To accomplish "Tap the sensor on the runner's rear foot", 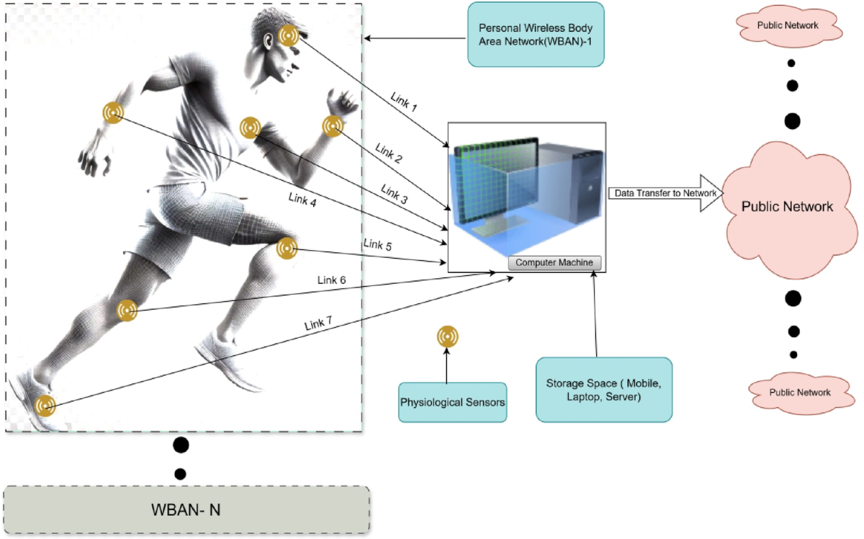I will [x=45, y=406].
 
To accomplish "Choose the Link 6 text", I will [x=332, y=279].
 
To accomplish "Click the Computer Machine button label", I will [x=554, y=262].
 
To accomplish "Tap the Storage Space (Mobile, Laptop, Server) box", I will [x=603, y=390].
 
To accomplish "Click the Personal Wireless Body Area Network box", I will [x=536, y=35].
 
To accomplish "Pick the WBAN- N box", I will [x=186, y=509].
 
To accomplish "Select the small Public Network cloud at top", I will [x=787, y=26].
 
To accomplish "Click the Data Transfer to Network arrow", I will [x=665, y=193].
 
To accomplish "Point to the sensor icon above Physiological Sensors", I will [x=447, y=337].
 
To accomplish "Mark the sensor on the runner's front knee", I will [x=287, y=249].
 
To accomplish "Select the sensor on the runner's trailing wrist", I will [x=112, y=112].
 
